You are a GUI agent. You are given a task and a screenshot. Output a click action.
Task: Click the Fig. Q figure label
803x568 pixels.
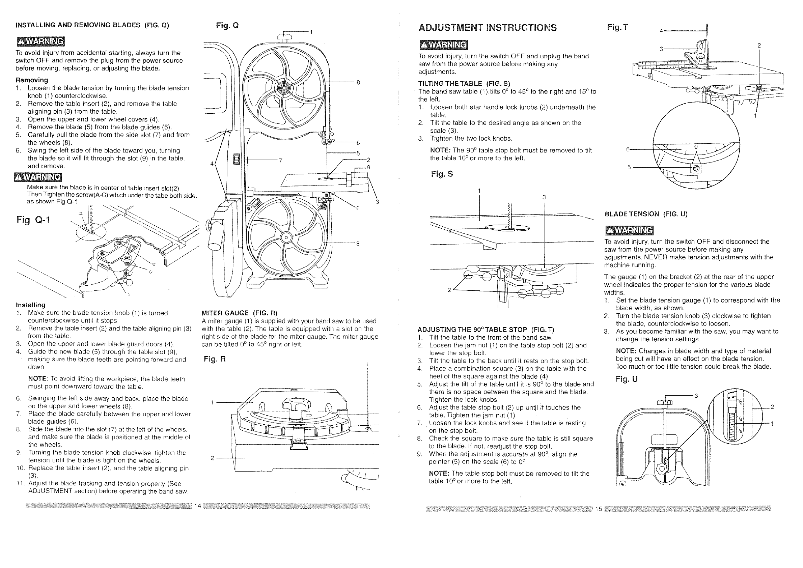[x=227, y=26]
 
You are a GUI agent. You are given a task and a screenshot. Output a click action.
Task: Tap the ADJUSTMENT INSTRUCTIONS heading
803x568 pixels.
[x=488, y=28]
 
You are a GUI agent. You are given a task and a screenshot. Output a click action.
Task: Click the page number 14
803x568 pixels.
[x=197, y=506]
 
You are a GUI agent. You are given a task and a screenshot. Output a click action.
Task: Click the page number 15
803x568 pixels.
[x=598, y=509]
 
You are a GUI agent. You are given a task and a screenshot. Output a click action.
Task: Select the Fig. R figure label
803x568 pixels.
[x=215, y=359]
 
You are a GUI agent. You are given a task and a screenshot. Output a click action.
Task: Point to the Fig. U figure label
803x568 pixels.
[x=627, y=379]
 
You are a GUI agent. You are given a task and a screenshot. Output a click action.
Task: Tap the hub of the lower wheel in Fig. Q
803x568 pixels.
[x=286, y=238]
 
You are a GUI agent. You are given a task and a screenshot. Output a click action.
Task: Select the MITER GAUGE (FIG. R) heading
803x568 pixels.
[x=239, y=313]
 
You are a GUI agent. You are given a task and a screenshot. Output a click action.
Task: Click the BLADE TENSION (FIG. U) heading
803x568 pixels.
[x=646, y=214]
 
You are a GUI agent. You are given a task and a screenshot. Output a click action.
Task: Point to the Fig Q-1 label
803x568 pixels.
[x=33, y=220]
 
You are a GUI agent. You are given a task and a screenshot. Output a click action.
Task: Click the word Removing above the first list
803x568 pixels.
[x=32, y=80]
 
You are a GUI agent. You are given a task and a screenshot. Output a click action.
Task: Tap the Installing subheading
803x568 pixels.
[x=30, y=305]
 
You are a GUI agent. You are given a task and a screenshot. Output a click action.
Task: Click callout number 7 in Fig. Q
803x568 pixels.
[x=280, y=161]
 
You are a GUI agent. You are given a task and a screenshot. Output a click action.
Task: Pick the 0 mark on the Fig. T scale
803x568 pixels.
[x=696, y=146]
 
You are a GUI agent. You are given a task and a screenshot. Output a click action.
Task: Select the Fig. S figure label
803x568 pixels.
[x=442, y=174]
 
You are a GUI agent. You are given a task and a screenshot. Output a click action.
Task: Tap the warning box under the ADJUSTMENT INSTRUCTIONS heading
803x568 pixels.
[x=443, y=45]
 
